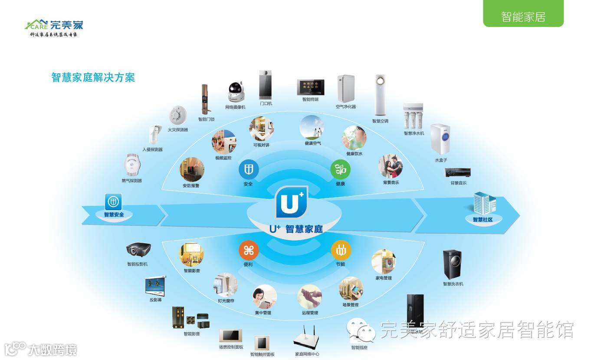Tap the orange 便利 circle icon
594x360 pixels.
click(249, 251)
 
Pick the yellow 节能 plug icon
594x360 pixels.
click(341, 251)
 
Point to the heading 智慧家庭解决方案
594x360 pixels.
click(93, 77)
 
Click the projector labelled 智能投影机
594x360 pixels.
click(138, 250)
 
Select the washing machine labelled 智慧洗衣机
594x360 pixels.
click(453, 264)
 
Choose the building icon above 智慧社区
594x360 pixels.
click(485, 203)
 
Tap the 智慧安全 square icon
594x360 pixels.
click(113, 202)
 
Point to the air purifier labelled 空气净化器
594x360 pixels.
click(346, 89)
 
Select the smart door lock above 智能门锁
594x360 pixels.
click(204, 99)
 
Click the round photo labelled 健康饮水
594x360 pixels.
click(354, 138)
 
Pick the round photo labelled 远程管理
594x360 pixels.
click(310, 297)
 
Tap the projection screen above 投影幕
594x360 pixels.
click(155, 285)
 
